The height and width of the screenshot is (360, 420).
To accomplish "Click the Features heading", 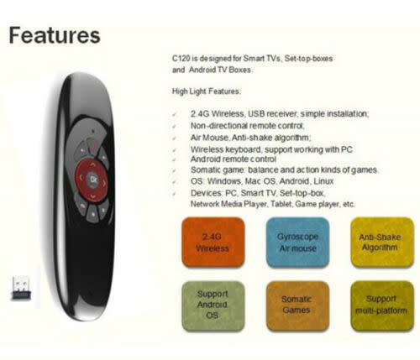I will [x=54, y=36].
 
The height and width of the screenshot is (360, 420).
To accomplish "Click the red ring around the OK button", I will [x=81, y=180].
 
